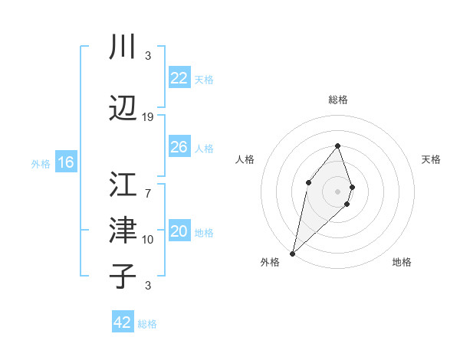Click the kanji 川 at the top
123,48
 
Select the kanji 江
123,185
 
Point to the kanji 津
123,231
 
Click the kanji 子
123,277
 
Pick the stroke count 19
148,116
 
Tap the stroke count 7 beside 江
148,185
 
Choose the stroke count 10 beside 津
148,239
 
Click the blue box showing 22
179,78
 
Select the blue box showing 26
179,146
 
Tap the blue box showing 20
179,231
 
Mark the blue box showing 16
65,162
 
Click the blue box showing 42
123,322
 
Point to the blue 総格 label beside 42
147,324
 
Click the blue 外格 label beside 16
41,163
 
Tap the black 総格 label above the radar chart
338,100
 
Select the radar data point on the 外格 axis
292,254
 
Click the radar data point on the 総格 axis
338,146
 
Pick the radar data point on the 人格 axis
308,182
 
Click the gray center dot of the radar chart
338,191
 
